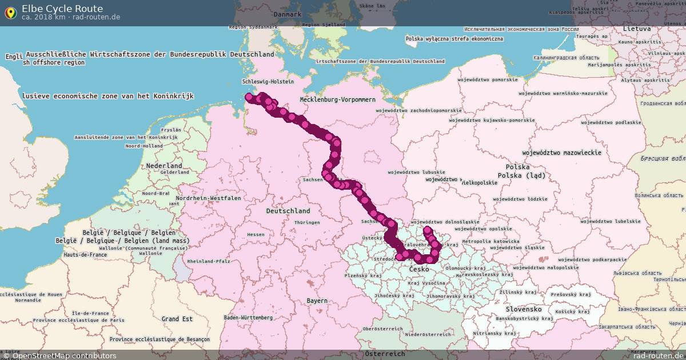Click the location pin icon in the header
(10, 13)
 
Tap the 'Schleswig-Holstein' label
(268, 82)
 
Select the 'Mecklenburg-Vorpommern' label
(338, 99)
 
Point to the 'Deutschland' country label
(288, 211)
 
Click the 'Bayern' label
(317, 301)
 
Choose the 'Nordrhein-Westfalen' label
(209, 198)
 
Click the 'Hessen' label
(256, 234)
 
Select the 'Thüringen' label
(302, 222)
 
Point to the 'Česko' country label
(419, 269)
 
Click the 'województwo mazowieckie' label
(561, 153)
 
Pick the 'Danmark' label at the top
(287, 14)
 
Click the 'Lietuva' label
(637, 29)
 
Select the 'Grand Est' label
(177, 319)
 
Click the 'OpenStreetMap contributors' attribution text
(64, 355)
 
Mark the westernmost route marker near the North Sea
(249, 97)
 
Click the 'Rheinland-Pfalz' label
(208, 261)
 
